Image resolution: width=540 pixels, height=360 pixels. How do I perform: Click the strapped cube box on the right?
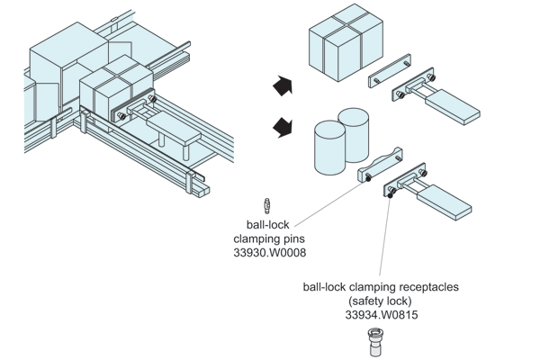tap(341, 41)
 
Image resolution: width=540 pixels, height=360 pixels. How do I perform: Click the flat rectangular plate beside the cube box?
tap(391, 73)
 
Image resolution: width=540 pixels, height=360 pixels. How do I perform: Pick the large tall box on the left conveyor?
tap(63, 63)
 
